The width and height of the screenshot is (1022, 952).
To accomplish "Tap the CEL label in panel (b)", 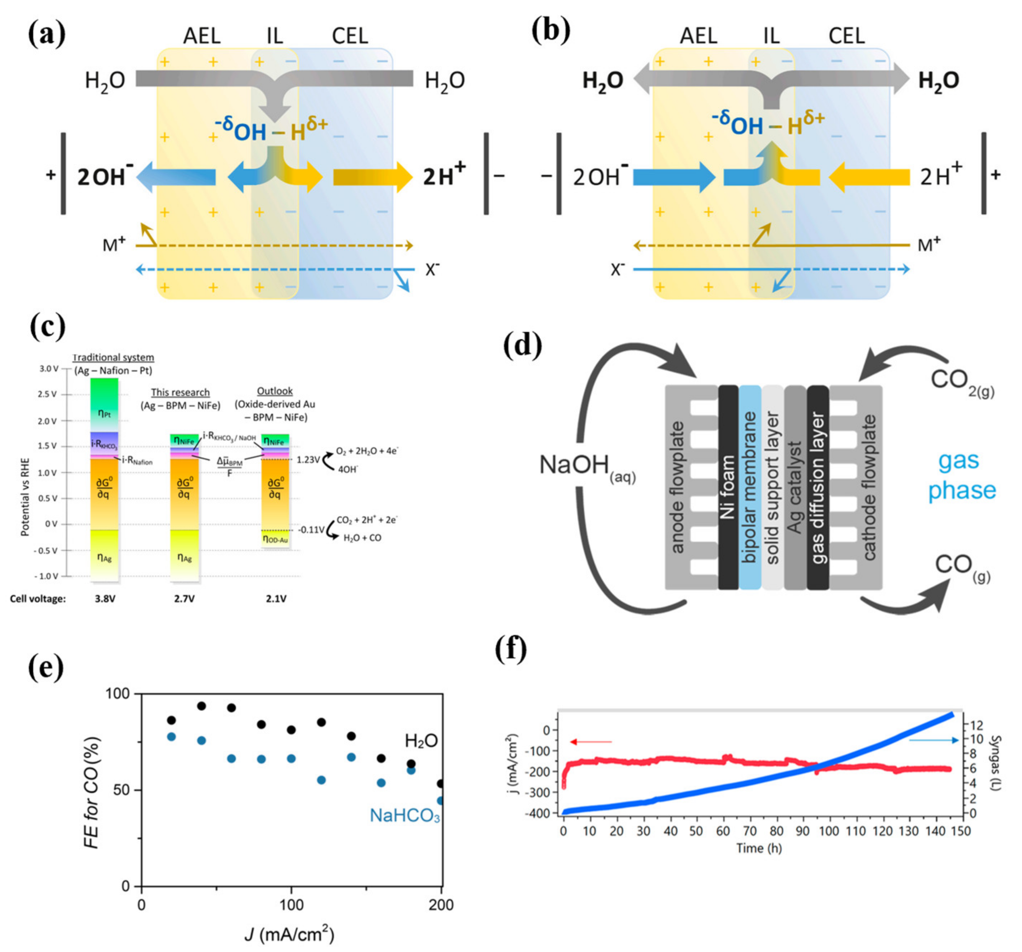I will click(x=846, y=36).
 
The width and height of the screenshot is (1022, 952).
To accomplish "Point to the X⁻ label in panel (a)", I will click(x=432, y=269).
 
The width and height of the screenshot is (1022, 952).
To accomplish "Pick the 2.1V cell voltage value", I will click(x=276, y=599).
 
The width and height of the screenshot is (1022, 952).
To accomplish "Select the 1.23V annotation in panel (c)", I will click(x=308, y=459).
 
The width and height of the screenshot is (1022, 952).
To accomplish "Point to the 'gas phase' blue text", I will click(x=961, y=475).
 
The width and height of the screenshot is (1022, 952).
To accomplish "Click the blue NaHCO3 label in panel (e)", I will click(x=404, y=815).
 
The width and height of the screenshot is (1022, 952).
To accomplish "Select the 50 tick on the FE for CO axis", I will click(x=121, y=790).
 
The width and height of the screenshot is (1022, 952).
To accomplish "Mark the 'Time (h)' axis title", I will click(x=759, y=848).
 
